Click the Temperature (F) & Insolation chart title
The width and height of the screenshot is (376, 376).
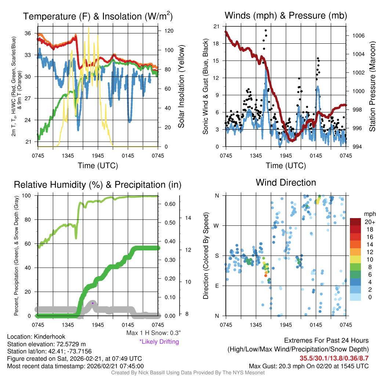98,17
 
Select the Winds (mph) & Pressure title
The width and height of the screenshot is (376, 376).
286,15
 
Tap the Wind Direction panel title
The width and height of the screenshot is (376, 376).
286,182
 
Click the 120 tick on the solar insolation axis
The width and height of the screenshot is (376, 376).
164,31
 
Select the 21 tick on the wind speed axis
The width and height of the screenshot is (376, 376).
217,26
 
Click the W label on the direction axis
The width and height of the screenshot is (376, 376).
217,225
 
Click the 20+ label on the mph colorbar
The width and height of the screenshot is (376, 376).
370,222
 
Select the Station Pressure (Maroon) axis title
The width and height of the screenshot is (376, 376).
372,86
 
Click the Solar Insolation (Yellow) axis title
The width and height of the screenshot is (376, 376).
181,86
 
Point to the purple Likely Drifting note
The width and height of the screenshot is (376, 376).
159,341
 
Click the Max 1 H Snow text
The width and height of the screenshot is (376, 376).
153,333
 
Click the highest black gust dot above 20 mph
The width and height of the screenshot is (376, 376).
265,30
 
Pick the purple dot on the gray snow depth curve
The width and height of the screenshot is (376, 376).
93,303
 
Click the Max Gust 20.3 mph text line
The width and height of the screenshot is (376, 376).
309,366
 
